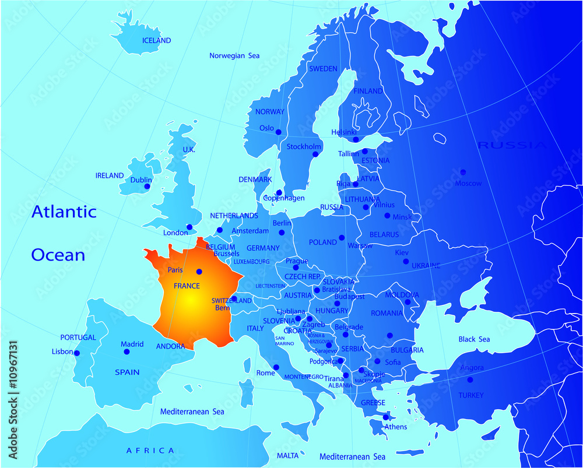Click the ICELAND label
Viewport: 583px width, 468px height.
157,41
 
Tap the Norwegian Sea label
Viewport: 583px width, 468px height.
234,56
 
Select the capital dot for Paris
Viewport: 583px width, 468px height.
199,271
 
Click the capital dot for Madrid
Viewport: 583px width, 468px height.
126,353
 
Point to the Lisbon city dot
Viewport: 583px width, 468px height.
76,353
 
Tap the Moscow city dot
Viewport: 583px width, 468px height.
463,173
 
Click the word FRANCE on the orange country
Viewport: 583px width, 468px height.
187,286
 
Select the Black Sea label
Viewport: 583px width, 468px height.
474,339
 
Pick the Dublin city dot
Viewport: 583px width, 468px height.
147,187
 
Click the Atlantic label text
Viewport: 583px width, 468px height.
64,212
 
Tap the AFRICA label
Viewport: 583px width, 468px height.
150,451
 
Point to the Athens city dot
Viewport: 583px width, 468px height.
385,417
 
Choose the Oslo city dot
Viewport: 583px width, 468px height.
279,132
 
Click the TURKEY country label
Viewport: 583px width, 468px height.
470,395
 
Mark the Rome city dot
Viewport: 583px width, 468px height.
276,367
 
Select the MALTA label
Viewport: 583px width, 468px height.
287,455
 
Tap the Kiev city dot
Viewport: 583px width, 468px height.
406,262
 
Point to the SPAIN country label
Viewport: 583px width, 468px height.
127,372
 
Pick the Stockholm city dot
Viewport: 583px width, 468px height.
315,154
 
